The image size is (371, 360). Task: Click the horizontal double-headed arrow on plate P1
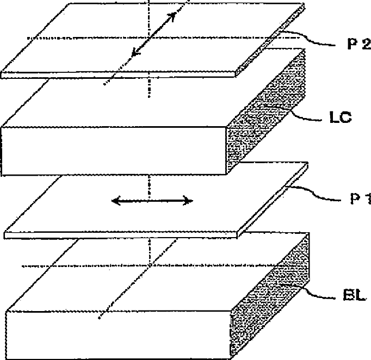click(152, 201)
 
